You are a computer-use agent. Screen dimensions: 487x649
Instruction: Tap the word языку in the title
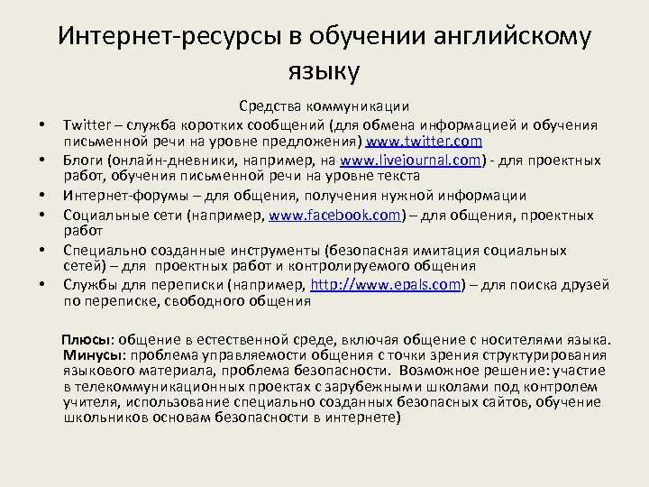(x=324, y=69)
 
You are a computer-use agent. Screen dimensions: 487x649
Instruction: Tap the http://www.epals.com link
(x=386, y=285)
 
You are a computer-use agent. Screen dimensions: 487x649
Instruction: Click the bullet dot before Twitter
(x=41, y=125)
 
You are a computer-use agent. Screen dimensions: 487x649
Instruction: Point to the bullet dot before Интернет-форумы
(x=41, y=197)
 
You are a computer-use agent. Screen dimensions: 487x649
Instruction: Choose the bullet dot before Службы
(x=41, y=286)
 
